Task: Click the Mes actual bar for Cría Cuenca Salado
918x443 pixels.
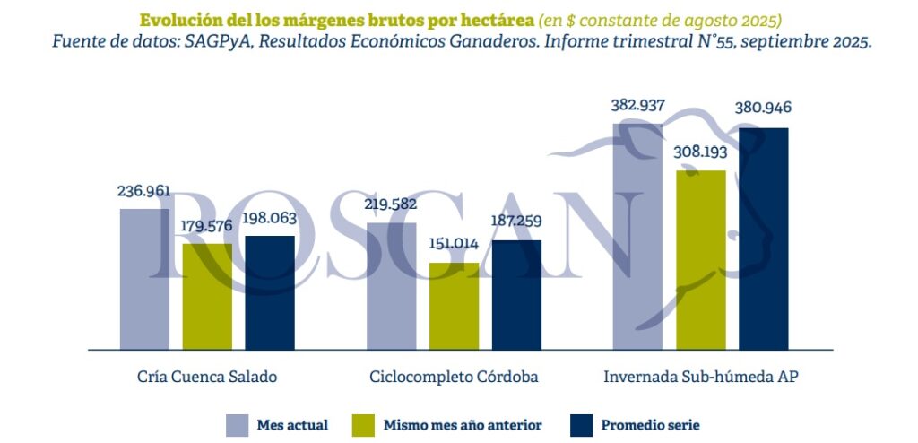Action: click(144, 279)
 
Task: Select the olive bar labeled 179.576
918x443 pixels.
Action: click(207, 296)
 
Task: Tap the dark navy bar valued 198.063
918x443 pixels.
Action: click(269, 292)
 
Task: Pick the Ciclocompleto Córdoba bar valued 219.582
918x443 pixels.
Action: click(392, 285)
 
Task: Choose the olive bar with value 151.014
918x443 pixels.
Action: click(454, 306)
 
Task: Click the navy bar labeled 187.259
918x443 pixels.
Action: click(516, 294)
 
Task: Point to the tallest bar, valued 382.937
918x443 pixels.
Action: click(637, 236)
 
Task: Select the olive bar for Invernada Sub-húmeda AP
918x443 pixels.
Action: click(700, 259)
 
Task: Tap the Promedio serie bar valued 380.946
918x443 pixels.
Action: click(763, 238)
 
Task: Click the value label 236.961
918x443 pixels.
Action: click(143, 192)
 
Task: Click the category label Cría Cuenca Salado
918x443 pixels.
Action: click(206, 377)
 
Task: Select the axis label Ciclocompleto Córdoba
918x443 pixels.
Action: click(454, 377)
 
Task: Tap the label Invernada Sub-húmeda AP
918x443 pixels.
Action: click(700, 377)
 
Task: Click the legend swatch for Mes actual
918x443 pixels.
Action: click(237, 425)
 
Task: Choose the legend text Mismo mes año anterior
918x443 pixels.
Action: click(462, 425)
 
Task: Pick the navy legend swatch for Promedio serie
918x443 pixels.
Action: click(581, 425)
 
